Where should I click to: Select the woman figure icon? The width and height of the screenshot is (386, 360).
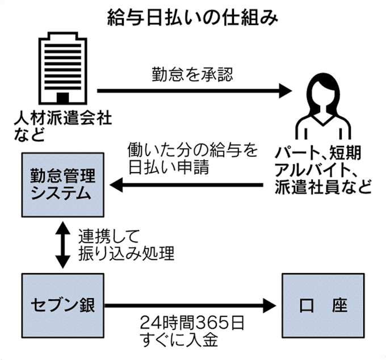321,110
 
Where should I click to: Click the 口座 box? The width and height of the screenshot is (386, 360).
322,304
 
